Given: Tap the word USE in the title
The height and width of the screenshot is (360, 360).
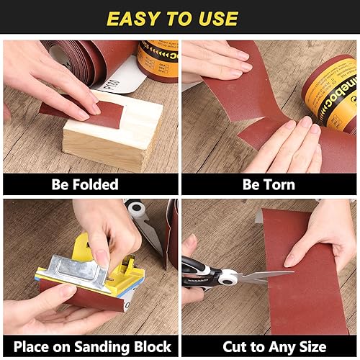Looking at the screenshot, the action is pyautogui.click(x=218, y=19).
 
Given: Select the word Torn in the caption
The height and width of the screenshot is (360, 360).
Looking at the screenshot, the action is pyautogui.click(x=280, y=184).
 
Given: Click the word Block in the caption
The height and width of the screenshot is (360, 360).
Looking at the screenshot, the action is pyautogui.click(x=153, y=347).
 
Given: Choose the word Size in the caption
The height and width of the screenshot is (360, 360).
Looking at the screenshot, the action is pyautogui.click(x=313, y=347).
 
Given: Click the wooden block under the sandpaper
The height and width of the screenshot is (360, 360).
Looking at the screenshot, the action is pyautogui.click(x=113, y=137).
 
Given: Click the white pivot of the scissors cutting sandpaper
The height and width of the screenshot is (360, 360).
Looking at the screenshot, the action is pyautogui.click(x=228, y=277).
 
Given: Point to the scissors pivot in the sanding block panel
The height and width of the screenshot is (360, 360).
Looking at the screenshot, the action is pyautogui.click(x=136, y=208).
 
